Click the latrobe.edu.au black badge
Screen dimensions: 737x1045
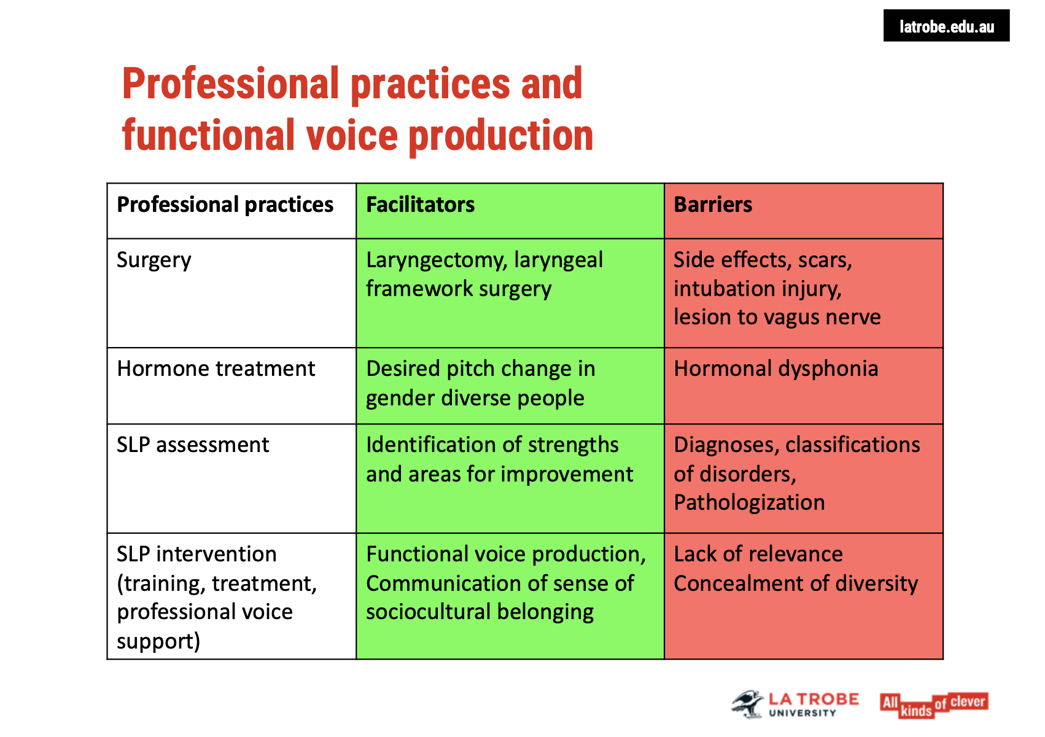click(946, 26)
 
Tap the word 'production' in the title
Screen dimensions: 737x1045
click(500, 136)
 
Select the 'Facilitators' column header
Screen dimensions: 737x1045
click(420, 205)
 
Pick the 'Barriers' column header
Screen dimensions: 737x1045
click(712, 205)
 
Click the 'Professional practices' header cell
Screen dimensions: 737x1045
click(225, 205)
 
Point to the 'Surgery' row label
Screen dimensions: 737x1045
click(154, 260)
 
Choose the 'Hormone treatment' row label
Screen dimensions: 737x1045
click(216, 368)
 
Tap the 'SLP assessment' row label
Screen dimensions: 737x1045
click(193, 445)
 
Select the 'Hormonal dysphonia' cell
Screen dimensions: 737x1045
click(775, 368)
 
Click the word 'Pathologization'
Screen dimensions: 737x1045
click(749, 502)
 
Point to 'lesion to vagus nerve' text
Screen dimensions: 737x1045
click(777, 317)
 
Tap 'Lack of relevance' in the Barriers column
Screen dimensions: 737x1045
click(758, 554)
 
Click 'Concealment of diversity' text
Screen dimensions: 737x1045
click(795, 583)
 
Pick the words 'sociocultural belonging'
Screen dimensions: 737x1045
click(480, 612)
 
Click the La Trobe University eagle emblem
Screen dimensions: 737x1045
click(748, 704)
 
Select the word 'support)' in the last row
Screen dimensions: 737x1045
click(158, 641)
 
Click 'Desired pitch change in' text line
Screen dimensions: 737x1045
click(480, 368)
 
